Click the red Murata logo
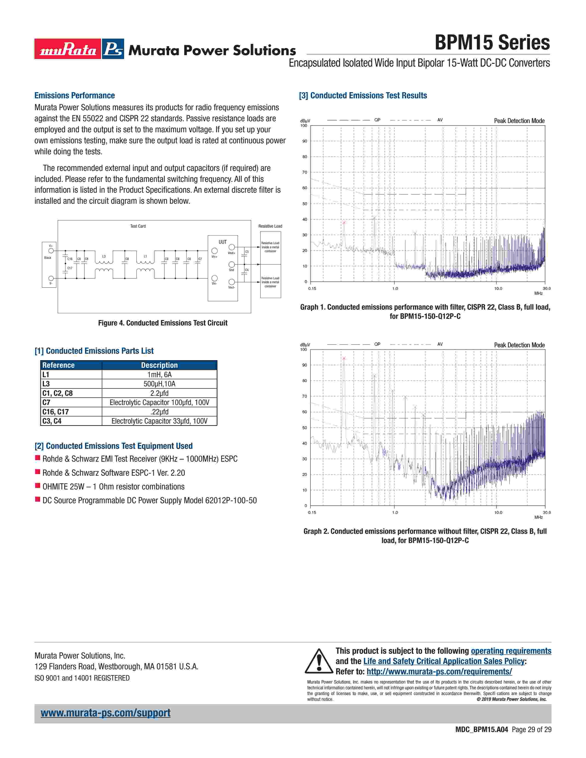(x=68, y=49)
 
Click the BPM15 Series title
(x=492, y=43)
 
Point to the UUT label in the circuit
(x=222, y=242)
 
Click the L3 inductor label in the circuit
(x=104, y=257)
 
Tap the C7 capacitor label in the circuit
(x=200, y=259)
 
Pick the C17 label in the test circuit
(x=70, y=268)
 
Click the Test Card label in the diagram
(x=138, y=226)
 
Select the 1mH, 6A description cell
(x=159, y=374)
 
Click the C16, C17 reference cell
(x=56, y=412)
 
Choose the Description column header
(x=159, y=365)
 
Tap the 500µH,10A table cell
(x=159, y=384)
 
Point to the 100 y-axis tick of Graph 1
(x=304, y=126)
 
